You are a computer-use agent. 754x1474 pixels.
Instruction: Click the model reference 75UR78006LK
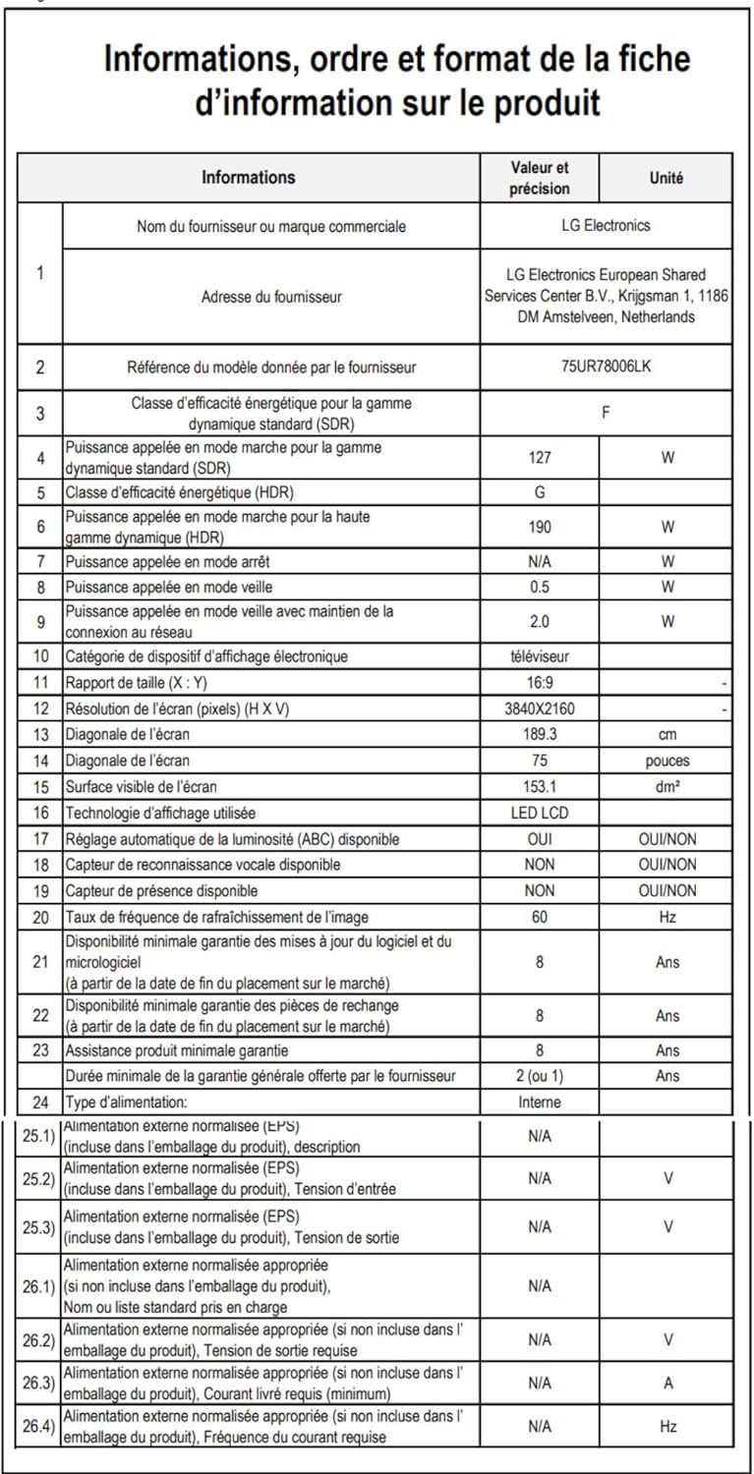click(606, 367)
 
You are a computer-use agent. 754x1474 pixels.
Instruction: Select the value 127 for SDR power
click(540, 457)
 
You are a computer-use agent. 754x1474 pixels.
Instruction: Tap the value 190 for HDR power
click(540, 527)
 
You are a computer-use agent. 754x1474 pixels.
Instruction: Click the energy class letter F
click(606, 413)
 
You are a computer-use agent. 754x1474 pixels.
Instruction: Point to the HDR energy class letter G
click(540, 492)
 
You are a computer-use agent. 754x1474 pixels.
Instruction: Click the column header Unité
click(667, 178)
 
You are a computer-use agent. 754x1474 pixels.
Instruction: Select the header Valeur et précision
click(539, 178)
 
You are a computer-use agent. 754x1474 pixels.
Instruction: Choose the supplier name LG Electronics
click(606, 225)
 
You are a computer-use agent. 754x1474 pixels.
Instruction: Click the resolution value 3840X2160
click(540, 709)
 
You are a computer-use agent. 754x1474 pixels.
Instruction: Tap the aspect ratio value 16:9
click(540, 682)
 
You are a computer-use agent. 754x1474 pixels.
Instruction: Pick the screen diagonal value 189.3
click(540, 734)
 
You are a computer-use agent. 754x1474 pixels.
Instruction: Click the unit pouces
click(667, 761)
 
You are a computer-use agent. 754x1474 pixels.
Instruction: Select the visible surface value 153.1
click(540, 786)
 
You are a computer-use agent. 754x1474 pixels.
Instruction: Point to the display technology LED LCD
click(540, 813)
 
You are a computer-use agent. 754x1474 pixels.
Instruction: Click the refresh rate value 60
click(540, 917)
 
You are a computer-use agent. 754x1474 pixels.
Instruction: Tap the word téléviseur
click(540, 655)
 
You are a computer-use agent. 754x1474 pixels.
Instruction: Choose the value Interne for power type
click(540, 1103)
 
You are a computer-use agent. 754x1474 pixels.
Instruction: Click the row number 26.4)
click(39, 1427)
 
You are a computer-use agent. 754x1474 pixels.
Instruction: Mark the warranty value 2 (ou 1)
click(540, 1076)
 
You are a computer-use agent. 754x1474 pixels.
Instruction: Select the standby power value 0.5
click(540, 587)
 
